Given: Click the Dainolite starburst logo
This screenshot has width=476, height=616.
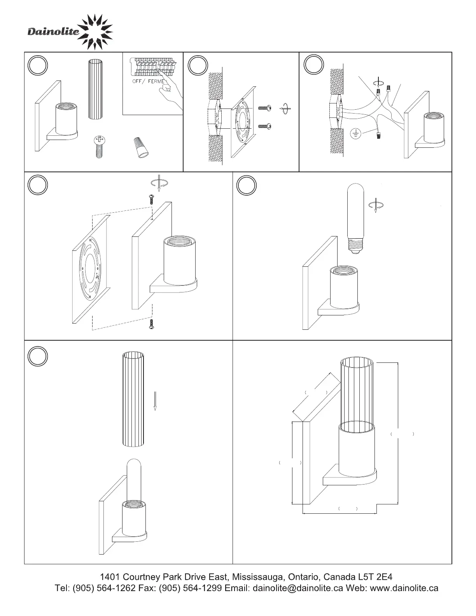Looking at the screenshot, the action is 95,32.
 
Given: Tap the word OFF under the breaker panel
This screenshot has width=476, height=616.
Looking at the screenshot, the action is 137,81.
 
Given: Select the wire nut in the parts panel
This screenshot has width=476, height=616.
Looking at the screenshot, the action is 141,147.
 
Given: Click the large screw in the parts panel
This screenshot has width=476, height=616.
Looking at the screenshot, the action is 99,147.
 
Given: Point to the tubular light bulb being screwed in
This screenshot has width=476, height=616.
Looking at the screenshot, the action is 355,218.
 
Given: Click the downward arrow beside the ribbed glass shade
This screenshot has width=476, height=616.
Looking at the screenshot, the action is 155,401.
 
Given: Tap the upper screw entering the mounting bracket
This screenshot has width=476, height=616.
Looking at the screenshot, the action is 265,108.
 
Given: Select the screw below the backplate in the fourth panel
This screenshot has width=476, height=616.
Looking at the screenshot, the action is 152,324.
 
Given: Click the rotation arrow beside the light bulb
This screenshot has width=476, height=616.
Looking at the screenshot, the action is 376,205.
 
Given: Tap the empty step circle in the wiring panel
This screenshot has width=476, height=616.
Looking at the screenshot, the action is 313,65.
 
